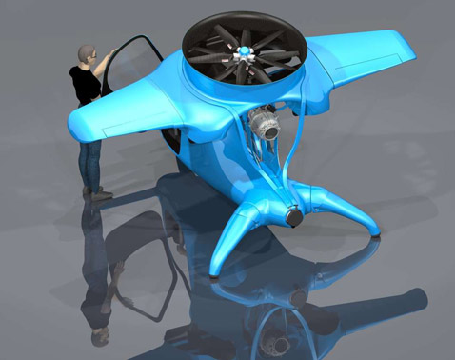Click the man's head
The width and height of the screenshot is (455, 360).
click(89, 55)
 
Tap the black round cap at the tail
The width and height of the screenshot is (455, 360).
click(293, 217)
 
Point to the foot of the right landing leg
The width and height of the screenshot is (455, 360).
click(379, 230)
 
